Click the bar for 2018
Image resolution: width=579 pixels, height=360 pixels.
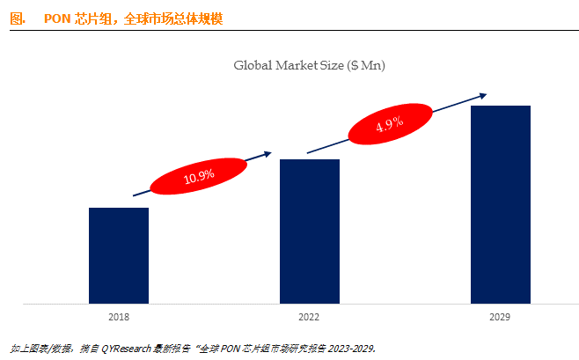coord(119,255)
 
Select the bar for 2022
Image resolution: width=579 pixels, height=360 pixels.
coord(309,231)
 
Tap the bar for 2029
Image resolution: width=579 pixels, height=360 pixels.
coord(500,204)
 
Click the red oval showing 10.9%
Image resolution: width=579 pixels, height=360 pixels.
coord(199,176)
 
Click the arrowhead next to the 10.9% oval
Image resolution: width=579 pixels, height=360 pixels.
coord(268,154)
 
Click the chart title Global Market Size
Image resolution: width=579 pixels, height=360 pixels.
coord(309,65)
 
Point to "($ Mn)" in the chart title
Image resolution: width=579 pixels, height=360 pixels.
coord(366,65)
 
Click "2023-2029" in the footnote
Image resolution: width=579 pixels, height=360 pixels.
coord(352,349)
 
